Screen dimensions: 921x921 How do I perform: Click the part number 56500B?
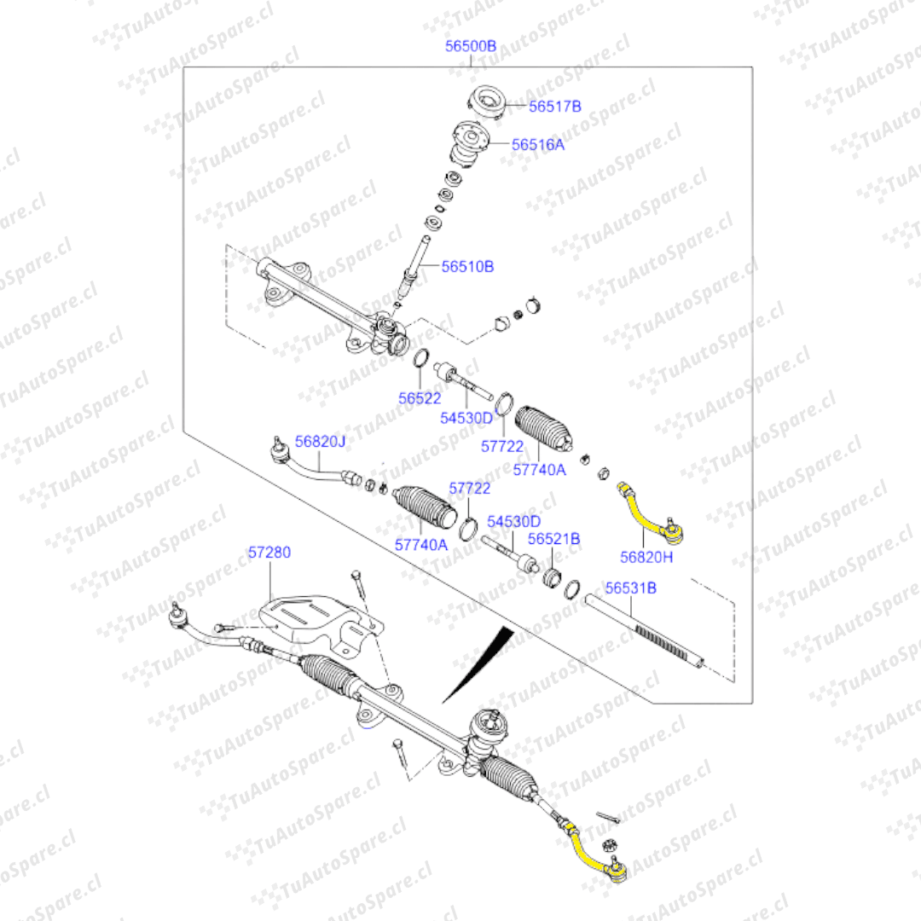(x=471, y=47)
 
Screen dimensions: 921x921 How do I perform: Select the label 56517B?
(x=554, y=107)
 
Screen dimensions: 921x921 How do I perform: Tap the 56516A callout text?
(x=538, y=145)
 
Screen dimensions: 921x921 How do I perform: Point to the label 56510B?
(x=467, y=266)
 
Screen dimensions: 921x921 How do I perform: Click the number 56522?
(x=420, y=397)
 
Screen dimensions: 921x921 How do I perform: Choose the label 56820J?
(x=321, y=442)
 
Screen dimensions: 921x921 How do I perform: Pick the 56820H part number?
(x=646, y=557)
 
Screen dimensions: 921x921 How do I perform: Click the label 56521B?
(x=553, y=539)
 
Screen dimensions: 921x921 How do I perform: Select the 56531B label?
(x=631, y=588)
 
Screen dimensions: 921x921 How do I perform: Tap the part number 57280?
(x=269, y=553)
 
